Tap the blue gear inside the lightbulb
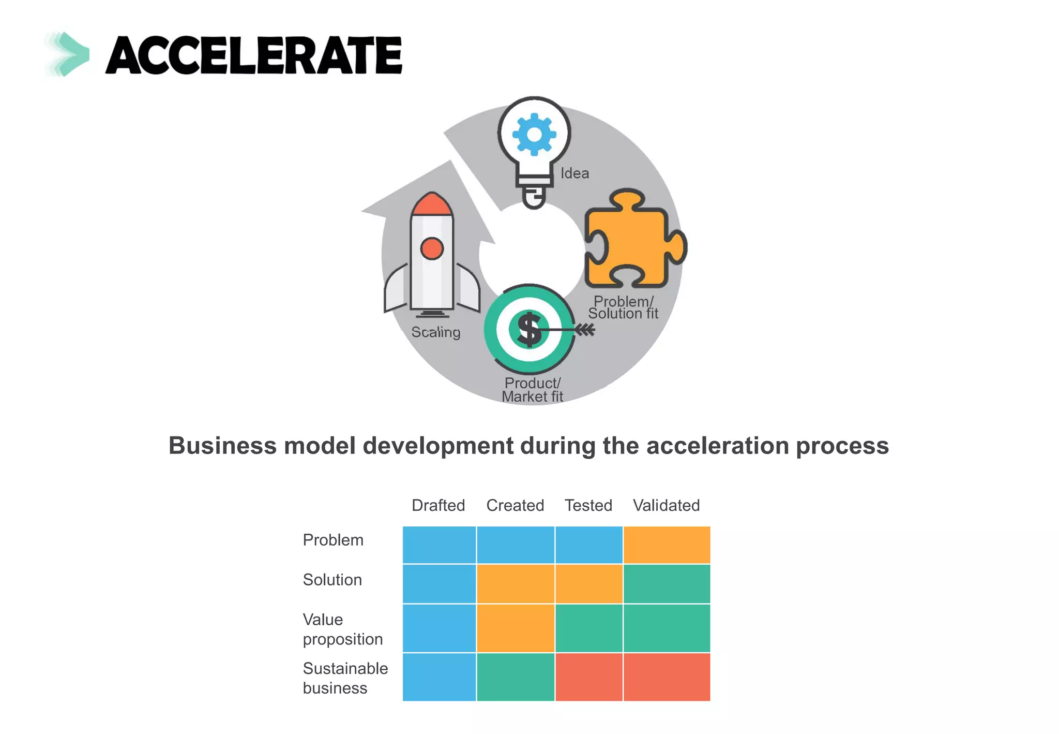tap(534, 135)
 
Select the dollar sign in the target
tap(529, 329)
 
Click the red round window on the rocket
tap(432, 248)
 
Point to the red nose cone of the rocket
tap(432, 204)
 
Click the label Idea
tap(574, 173)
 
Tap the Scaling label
tap(435, 332)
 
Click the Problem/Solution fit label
tap(623, 307)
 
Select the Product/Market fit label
tap(532, 390)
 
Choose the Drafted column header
tap(438, 505)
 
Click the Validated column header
tap(666, 505)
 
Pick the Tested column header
tap(588, 505)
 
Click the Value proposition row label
tap(342, 629)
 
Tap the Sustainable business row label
tap(345, 678)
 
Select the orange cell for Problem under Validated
tap(667, 545)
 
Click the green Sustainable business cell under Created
tap(515, 677)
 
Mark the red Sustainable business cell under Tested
tap(588, 677)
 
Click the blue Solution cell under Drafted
tap(439, 584)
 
